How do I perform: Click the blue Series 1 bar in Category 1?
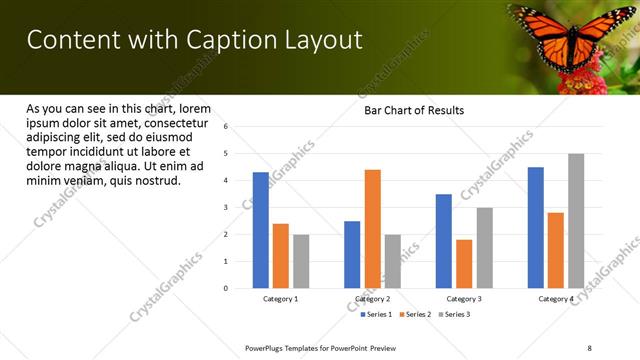click(x=261, y=230)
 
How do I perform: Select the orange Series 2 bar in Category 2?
click(x=372, y=229)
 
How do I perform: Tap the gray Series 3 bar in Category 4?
click(x=576, y=221)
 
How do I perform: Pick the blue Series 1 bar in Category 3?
click(x=444, y=241)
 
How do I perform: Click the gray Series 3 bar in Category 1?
click(x=301, y=261)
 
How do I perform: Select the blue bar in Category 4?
click(x=536, y=228)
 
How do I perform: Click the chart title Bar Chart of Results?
click(x=413, y=110)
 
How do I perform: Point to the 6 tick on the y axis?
click(x=227, y=127)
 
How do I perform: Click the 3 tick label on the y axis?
click(x=227, y=208)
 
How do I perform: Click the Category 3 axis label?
click(x=464, y=299)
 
